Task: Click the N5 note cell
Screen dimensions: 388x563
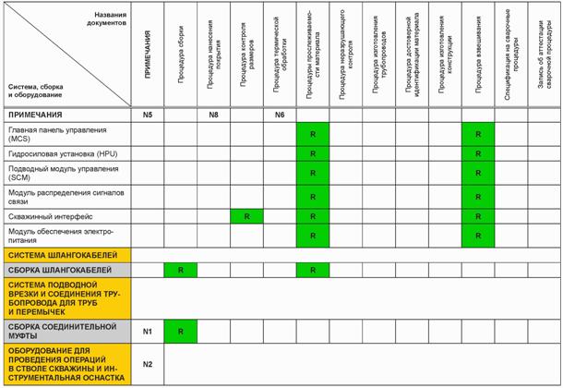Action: [x=147, y=115]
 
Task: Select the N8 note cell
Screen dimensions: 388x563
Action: [x=213, y=115]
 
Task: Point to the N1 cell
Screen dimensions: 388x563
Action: [x=147, y=330]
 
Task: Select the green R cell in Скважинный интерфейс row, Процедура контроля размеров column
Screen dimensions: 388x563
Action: [x=246, y=215]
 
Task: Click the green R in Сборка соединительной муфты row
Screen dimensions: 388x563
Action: [x=180, y=330]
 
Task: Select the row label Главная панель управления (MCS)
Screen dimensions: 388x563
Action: [x=56, y=134]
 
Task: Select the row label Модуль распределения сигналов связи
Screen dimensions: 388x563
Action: [x=58, y=196]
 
